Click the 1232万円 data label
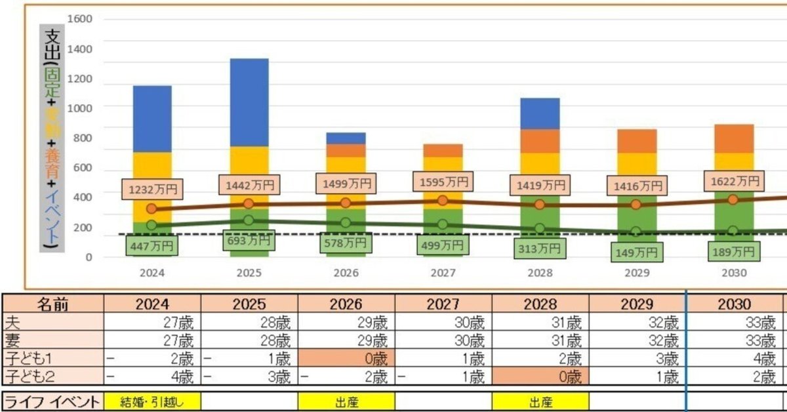tap(152, 190)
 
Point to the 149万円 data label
tap(636, 252)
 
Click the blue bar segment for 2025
tap(249, 102)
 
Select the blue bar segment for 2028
tap(540, 113)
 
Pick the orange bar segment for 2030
tap(733, 138)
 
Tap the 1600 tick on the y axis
tap(80, 18)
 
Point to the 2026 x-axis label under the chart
tap(346, 272)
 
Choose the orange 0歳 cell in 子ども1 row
tap(346, 359)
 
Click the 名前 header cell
tap(52, 304)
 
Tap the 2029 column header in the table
tap(637, 304)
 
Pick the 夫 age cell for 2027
tap(443, 322)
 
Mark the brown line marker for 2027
tap(443, 200)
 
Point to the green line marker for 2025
tap(249, 220)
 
